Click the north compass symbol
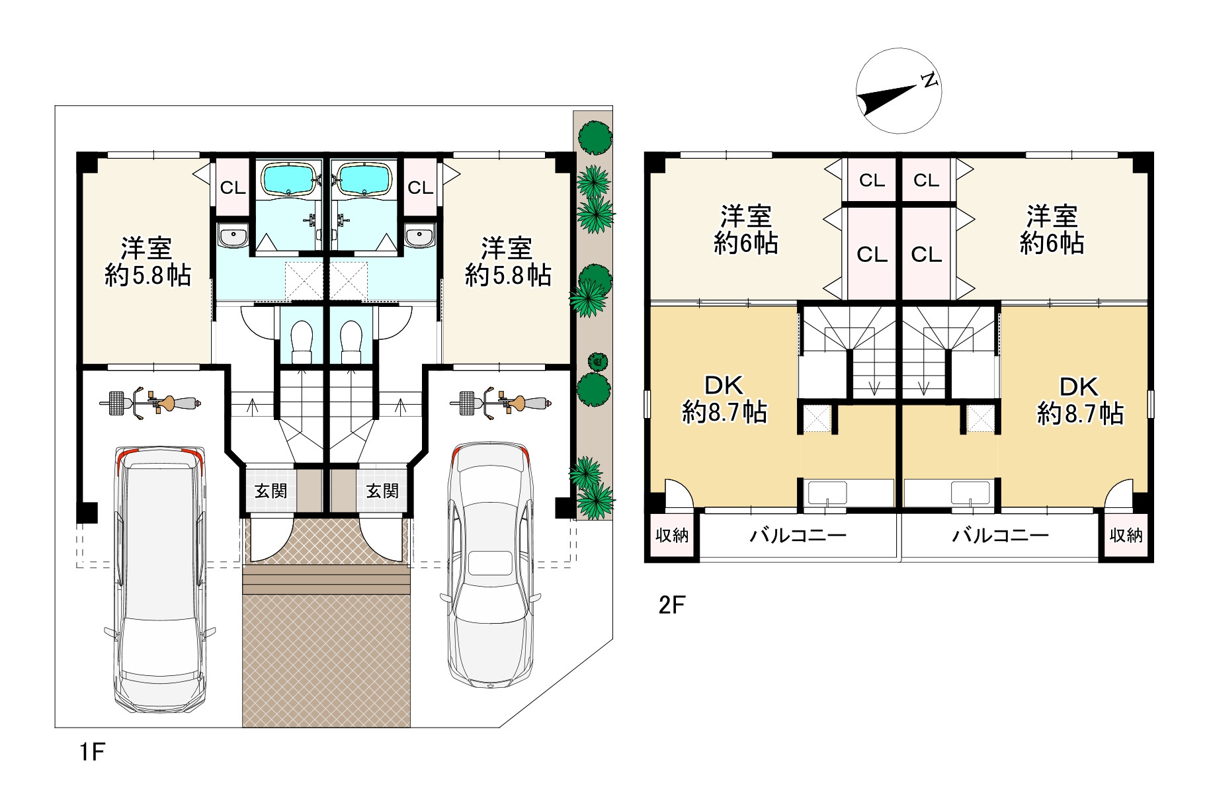(x=898, y=91)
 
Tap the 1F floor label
(x=93, y=752)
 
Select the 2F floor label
(x=671, y=605)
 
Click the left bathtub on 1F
(x=290, y=178)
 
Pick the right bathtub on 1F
(x=364, y=178)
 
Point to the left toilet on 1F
(x=302, y=342)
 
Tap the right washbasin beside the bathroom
(x=418, y=236)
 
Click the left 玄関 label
(x=271, y=491)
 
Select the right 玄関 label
(x=382, y=491)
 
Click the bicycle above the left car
(x=150, y=402)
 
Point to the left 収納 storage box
(x=672, y=536)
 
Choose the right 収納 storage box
(x=1126, y=536)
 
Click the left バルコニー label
(x=798, y=536)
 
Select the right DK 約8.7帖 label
(x=1080, y=401)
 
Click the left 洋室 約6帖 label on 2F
(x=746, y=230)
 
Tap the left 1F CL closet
(x=232, y=187)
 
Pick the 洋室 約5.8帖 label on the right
(x=507, y=262)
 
